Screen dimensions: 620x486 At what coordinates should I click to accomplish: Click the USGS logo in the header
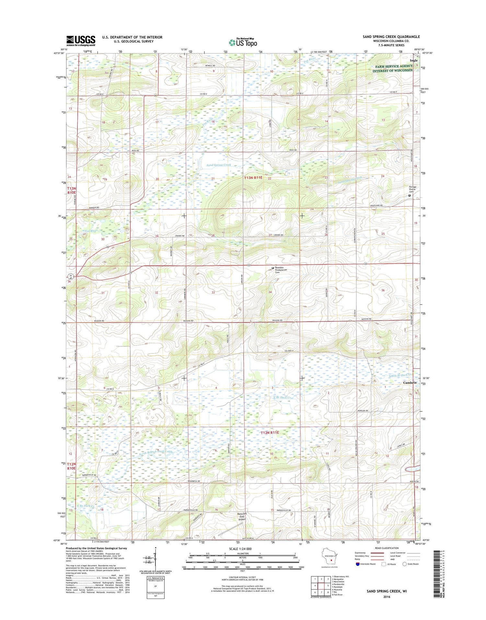[81, 40]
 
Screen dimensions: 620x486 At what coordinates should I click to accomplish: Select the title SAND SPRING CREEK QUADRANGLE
[391, 37]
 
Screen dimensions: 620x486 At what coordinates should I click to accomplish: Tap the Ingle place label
[414, 61]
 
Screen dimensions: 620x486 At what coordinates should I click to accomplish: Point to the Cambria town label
[410, 383]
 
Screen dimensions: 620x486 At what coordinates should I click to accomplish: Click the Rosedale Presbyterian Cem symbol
[273, 268]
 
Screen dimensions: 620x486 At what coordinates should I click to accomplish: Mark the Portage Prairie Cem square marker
[409, 196]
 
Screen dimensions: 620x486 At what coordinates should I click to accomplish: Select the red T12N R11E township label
[270, 433]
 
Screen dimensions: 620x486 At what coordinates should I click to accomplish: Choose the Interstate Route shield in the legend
[358, 564]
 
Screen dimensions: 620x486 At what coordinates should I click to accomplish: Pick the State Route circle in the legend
[404, 564]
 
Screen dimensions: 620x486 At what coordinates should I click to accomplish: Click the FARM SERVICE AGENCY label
[392, 66]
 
